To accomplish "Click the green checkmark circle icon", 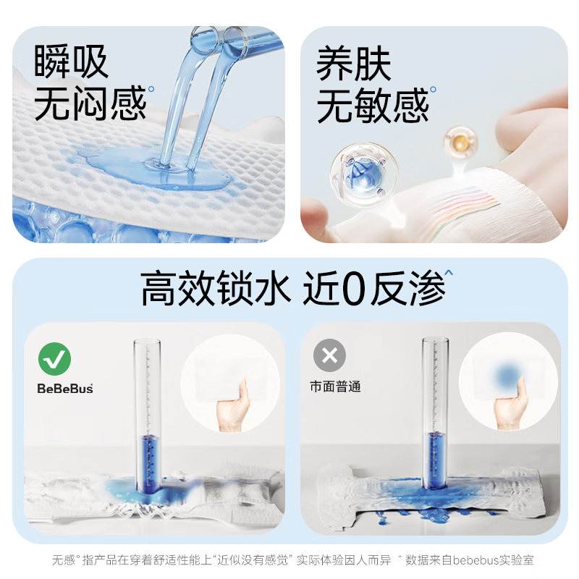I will (54, 357).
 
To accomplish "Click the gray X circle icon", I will (329, 356).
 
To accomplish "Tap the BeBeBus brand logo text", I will (65, 389).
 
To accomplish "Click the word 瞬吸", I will (71, 62).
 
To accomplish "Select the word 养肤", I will (354, 65).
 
